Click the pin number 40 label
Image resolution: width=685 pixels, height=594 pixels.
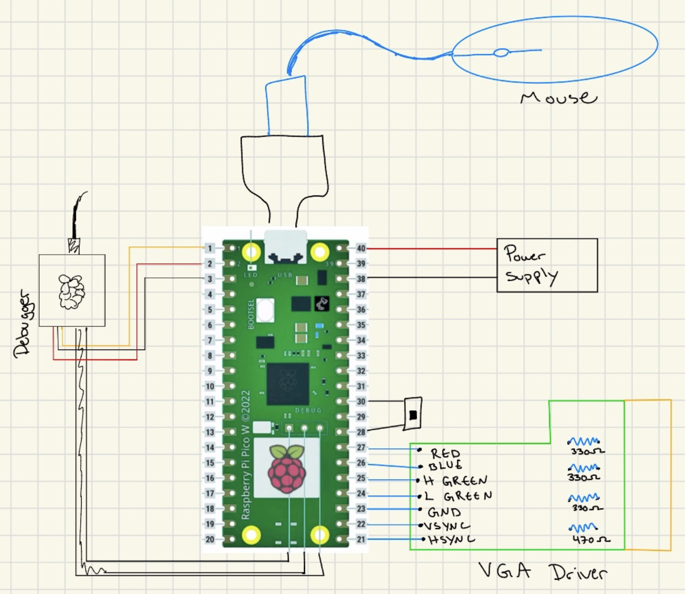coord(361,248)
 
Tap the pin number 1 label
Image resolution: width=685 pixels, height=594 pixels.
coord(210,248)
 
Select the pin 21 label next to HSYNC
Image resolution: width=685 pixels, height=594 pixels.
coord(361,539)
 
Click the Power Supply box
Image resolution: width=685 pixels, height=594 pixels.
coord(547,265)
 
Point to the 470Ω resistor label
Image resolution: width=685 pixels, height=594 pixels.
coord(591,540)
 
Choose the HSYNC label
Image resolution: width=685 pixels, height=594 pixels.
coord(451,540)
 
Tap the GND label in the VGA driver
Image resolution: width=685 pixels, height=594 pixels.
coord(444,512)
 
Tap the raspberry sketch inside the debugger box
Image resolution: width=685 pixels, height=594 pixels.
coord(72,291)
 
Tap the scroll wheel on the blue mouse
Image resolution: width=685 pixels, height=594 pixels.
coord(501,53)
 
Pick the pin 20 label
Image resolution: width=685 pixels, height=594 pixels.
coord(210,539)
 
